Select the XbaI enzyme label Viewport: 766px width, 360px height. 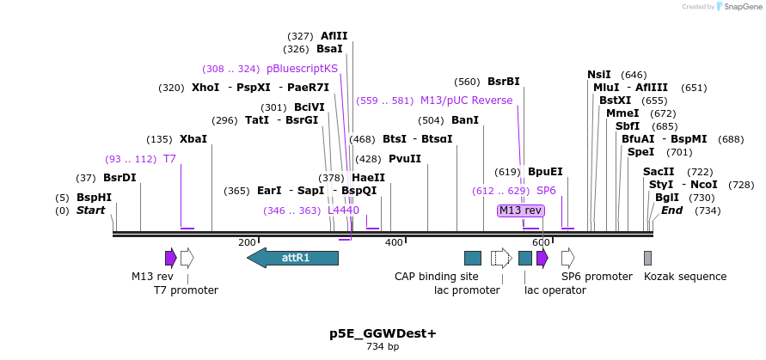tap(193, 139)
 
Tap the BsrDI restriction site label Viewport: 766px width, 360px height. tap(119, 178)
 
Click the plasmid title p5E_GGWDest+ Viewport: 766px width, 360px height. tap(383, 333)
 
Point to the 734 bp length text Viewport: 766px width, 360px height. tap(383, 346)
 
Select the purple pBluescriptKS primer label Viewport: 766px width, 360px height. tap(302, 69)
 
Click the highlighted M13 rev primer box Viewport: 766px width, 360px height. tap(521, 211)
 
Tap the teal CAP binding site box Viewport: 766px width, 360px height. tap(473, 258)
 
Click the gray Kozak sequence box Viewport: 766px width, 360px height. tap(648, 258)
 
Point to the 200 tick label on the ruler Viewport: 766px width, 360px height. tap(247, 243)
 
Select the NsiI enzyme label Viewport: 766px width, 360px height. tap(599, 75)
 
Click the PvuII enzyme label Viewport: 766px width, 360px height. tap(405, 159)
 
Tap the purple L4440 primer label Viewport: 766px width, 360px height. tap(343, 211)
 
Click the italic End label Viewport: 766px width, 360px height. tap(671, 211)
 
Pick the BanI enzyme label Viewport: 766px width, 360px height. tap(465, 120)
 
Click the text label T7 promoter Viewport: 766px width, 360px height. tap(186, 290)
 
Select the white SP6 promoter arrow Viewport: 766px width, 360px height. tap(568, 258)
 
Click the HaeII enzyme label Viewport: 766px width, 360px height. tap(368, 178)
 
